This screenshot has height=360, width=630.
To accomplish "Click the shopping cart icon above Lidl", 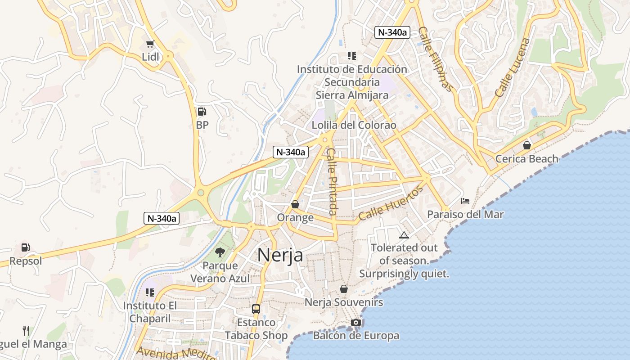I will coord(150,44).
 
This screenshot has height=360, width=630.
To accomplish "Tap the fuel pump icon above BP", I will coord(202,112).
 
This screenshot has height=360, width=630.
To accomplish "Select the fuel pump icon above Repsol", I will coord(26,247).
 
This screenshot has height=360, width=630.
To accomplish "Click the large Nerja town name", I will coord(280,256).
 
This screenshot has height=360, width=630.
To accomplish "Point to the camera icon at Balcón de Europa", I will coord(356,322).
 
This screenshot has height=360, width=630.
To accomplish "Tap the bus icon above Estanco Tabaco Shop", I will coord(256,309).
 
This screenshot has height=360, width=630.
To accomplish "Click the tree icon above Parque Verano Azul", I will coord(220,252).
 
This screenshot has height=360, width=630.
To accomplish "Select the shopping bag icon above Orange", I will coord(295,204).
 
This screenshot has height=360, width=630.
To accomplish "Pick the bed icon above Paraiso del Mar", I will coord(465,201).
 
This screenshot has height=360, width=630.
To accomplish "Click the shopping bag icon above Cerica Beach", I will coord(527,145).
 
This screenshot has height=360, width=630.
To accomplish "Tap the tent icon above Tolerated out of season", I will coord(404,235).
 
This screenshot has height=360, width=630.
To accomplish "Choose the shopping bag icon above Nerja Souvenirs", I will coord(344,289).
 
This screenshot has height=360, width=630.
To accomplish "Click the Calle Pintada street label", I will coord(332,181).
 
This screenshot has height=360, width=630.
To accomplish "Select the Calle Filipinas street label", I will coord(434,58).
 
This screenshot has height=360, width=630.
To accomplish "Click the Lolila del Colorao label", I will coord(354,125).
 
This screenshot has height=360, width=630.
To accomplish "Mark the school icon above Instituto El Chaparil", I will coord(150,292).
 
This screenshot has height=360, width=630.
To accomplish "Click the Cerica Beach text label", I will coord(527,159).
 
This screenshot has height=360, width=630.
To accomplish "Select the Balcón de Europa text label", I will coord(356,336).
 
